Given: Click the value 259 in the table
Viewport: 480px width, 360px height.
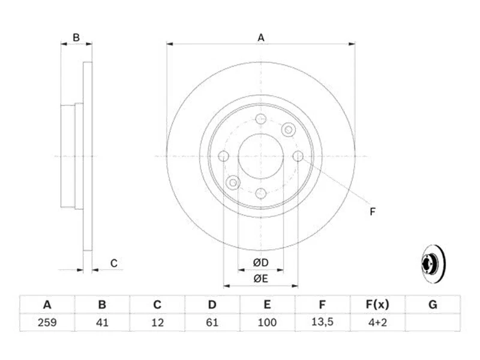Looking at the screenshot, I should [x=46, y=323].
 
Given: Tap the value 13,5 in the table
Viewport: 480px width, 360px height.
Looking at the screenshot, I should [x=322, y=323].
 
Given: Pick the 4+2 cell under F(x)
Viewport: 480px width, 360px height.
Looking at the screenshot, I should [x=377, y=323].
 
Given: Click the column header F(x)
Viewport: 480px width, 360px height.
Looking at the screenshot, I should [x=377, y=305].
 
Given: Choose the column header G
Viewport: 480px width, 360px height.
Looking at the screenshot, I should [x=433, y=305].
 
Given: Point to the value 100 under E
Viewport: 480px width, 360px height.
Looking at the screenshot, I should [x=267, y=323].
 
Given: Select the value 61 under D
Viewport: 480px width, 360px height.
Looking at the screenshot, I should [x=212, y=323].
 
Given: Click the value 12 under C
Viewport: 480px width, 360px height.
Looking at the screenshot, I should [x=157, y=323].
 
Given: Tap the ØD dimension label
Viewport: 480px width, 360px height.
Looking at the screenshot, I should [x=260, y=262].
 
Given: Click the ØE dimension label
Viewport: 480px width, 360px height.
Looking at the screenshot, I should [x=260, y=277].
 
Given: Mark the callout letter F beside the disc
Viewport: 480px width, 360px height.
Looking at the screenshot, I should [x=372, y=211].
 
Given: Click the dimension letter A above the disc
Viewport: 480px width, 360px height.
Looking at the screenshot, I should [x=261, y=37].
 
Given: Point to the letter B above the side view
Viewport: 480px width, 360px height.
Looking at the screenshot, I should [x=76, y=37].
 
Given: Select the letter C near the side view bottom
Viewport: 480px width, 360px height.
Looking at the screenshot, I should [x=113, y=262].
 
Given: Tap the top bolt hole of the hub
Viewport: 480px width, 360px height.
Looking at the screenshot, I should [x=260, y=119].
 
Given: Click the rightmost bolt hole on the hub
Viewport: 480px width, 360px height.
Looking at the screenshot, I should [x=298, y=156].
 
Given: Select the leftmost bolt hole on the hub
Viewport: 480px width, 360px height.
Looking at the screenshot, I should [x=223, y=157].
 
